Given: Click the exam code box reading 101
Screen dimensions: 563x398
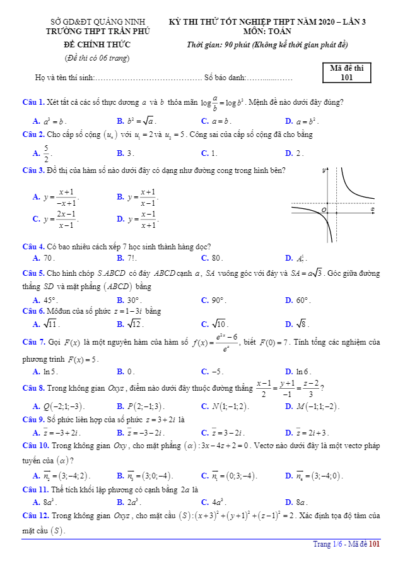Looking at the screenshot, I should point(346,74).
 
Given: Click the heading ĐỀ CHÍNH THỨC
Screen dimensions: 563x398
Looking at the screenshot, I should point(97,45).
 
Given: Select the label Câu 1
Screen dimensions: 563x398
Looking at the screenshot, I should point(33,102).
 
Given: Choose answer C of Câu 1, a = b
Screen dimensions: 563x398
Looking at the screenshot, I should point(217,121).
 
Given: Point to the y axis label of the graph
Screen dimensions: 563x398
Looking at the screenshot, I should point(324,171).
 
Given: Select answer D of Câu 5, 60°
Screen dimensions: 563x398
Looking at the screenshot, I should point(299,300).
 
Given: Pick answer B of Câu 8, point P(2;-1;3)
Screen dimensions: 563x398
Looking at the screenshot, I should point(141,406).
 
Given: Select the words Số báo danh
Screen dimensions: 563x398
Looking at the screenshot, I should point(224,78).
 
